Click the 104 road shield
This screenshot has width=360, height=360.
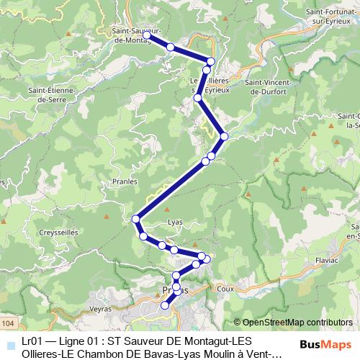coord(6,317)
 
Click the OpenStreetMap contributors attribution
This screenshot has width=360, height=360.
coord(297,322)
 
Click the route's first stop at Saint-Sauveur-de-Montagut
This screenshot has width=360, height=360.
coord(146,35)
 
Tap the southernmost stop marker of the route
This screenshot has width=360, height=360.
coord(164,305)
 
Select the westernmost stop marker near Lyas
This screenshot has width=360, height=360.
coord(135,219)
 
